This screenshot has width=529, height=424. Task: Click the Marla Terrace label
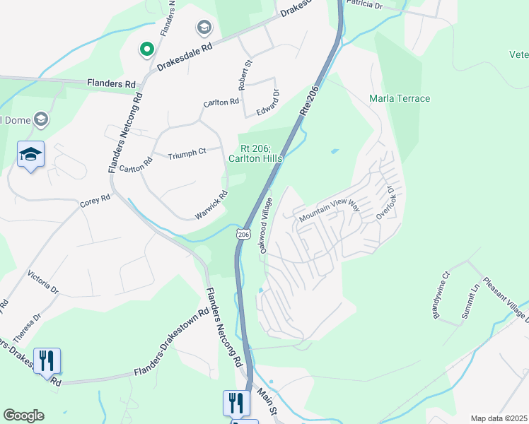(x=400, y=98)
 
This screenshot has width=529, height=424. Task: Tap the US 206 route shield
(x=244, y=233)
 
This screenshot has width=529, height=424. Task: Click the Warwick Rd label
(x=212, y=205)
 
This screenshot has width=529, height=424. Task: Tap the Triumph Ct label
(x=187, y=151)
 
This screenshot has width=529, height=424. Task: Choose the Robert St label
(x=248, y=73)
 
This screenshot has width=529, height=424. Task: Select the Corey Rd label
(x=95, y=199)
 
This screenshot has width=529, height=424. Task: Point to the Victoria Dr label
(x=42, y=280)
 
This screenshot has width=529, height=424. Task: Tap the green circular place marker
(x=146, y=49)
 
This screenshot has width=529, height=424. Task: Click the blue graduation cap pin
(x=31, y=155)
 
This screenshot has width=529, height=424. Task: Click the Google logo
(x=23, y=416)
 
